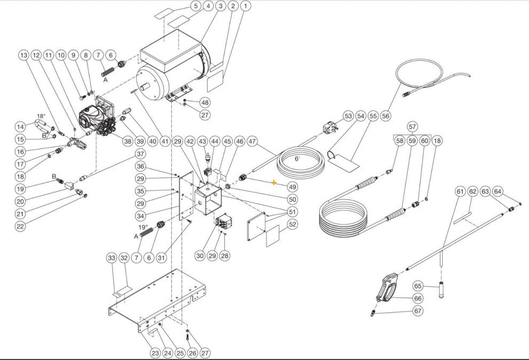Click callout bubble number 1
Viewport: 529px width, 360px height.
245,6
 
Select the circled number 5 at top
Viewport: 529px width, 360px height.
195,6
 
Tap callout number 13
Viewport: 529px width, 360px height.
23,55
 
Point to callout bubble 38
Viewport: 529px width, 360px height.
127,141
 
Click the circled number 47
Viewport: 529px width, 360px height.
252,141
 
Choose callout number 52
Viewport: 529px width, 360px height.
293,225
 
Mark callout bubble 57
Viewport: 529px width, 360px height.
412,126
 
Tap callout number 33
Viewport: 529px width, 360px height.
111,258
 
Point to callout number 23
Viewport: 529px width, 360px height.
155,353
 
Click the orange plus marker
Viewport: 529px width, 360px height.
274,182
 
